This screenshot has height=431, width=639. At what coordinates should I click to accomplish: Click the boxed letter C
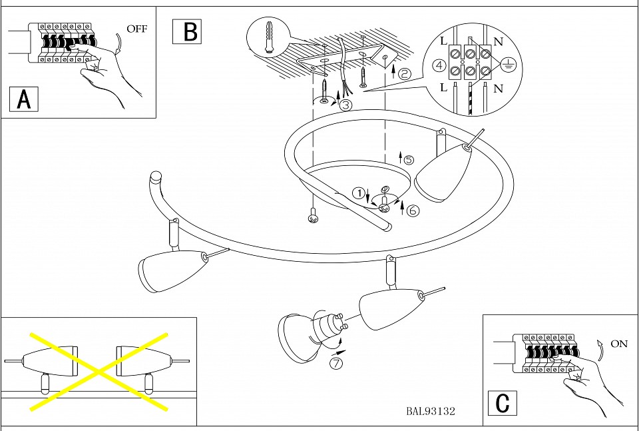click(x=503, y=403)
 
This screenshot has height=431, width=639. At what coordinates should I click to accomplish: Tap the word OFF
click(x=137, y=29)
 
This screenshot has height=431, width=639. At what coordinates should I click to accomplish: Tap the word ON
click(x=619, y=344)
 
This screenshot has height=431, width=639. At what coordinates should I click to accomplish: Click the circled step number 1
click(x=359, y=194)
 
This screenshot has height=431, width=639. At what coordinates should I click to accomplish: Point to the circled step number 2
click(x=404, y=74)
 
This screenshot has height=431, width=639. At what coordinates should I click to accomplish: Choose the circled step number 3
click(x=345, y=105)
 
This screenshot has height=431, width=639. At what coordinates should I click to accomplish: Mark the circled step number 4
click(x=438, y=65)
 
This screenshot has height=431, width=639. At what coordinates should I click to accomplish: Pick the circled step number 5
click(x=409, y=160)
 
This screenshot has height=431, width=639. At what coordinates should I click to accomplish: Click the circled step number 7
click(x=337, y=363)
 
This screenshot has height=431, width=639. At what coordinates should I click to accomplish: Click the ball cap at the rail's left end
click(x=155, y=177)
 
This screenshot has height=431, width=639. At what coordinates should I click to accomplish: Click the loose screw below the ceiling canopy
click(x=312, y=217)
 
